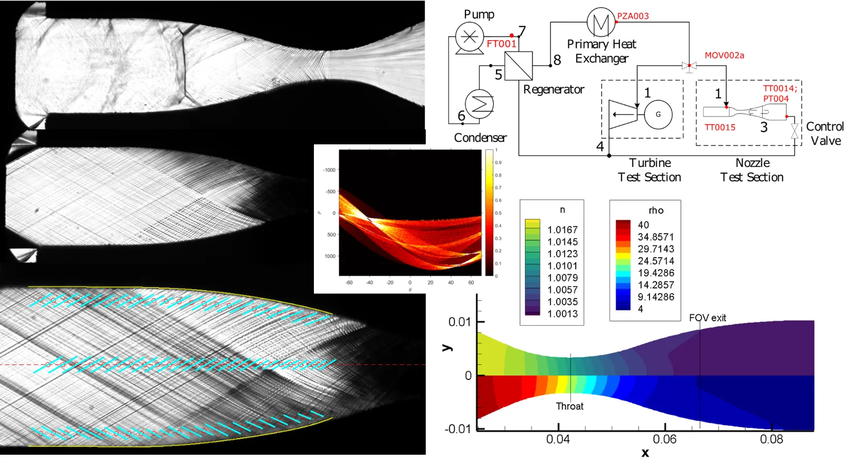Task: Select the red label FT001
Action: point(501,44)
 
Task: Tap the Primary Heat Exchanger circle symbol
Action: point(601,22)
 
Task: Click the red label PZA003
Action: point(633,16)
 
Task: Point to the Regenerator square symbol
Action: point(519,65)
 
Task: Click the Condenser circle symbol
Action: point(479,104)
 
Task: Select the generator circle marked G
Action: point(658,114)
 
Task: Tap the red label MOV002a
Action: point(724,55)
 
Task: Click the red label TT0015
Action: point(720,127)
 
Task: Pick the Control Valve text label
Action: point(825,134)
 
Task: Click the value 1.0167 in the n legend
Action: point(562,229)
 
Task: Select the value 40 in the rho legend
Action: point(643,225)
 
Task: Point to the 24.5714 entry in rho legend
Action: point(656,261)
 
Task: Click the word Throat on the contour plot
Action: point(570,406)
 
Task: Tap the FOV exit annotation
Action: point(707,318)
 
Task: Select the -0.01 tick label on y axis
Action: point(458,428)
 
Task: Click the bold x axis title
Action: point(645,453)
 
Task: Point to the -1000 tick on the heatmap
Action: point(329,170)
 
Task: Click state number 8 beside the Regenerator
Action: point(557,60)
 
